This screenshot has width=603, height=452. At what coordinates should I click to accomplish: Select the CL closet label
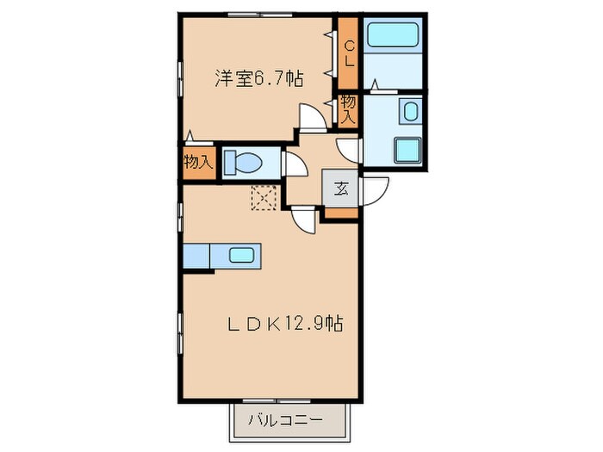click(349, 53)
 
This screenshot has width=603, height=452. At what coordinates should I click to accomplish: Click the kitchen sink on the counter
click(240, 255)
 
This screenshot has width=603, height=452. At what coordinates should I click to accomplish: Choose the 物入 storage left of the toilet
click(197, 163)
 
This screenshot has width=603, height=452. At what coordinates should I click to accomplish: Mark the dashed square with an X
click(262, 198)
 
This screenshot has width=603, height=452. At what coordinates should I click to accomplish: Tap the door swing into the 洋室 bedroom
click(312, 118)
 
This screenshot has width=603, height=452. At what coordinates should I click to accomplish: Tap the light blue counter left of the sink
click(197, 256)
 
